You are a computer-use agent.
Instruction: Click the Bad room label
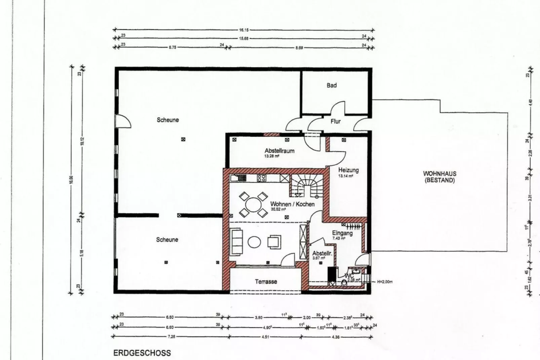coord(332,85)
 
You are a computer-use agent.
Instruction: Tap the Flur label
coord(335,121)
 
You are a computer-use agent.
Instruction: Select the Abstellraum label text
coord(279,151)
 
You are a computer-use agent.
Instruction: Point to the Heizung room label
coord(348,170)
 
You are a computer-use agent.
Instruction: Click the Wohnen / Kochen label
coord(292,204)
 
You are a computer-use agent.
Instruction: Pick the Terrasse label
coord(266,282)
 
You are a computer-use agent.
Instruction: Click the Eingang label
coord(342,233)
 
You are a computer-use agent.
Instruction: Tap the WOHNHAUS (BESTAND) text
coord(439,177)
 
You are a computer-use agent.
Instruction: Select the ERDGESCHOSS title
coord(142,353)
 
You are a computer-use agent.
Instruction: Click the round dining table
coord(254,204)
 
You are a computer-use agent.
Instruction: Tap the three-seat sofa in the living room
coord(237,242)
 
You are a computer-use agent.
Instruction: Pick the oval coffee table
coord(254,242)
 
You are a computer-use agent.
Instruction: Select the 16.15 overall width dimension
coord(244,30)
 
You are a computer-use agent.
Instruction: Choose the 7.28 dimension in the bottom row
coord(171,336)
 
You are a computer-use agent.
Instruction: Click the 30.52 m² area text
coord(278,209)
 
